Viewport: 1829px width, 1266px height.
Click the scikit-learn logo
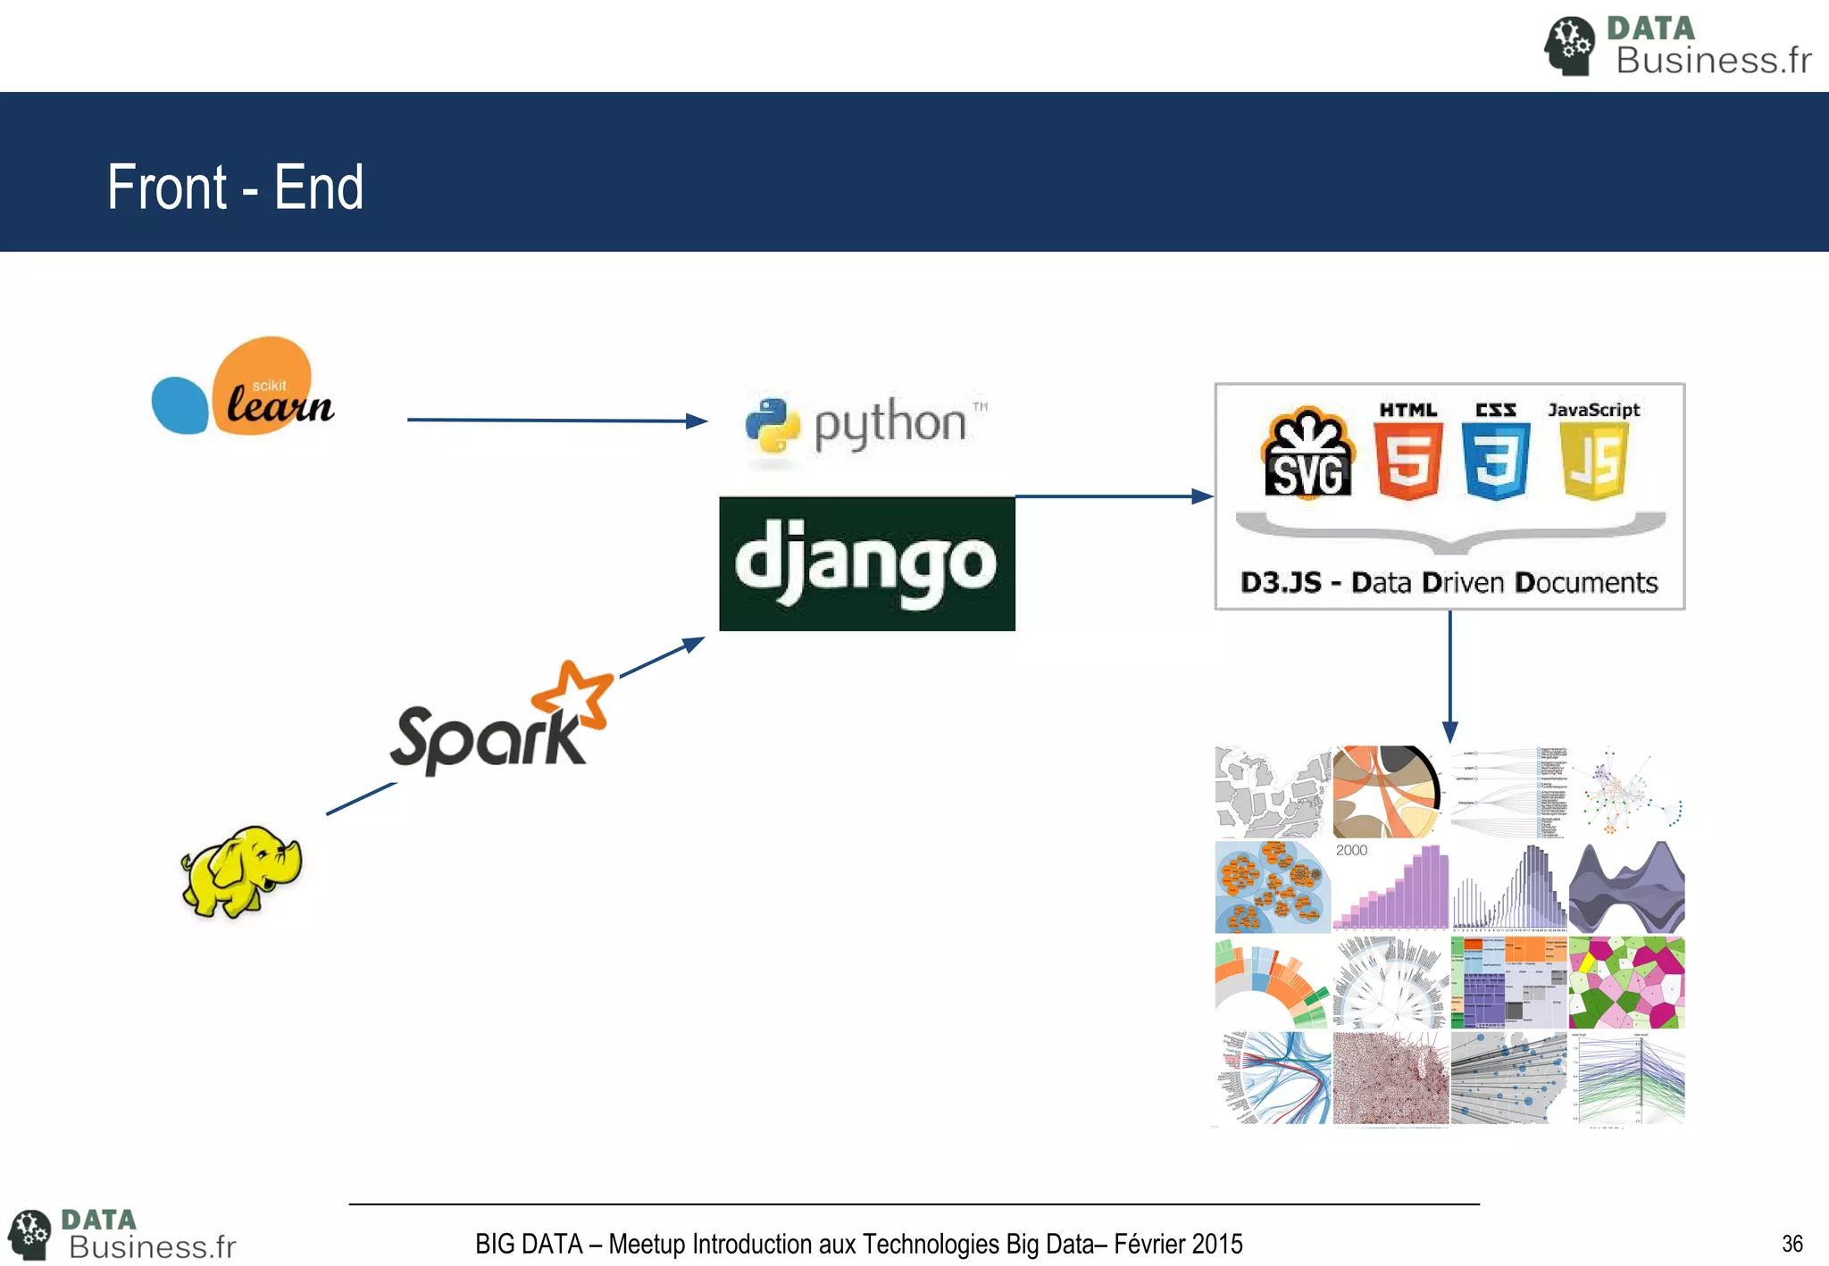(x=243, y=387)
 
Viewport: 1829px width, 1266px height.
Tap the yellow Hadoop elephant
(x=241, y=871)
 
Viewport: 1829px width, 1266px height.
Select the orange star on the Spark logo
(x=573, y=692)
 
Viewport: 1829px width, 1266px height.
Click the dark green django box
(x=866, y=563)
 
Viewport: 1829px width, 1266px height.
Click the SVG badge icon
(x=1307, y=454)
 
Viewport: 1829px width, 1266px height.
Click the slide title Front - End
(x=235, y=187)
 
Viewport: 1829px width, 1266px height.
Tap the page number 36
(x=1791, y=1244)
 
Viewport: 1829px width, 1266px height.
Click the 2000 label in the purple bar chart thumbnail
(x=1351, y=851)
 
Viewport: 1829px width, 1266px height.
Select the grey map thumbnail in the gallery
(x=1273, y=791)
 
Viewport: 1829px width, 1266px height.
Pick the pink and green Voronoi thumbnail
(x=1626, y=982)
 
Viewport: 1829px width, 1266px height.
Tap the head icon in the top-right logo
(x=1569, y=46)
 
